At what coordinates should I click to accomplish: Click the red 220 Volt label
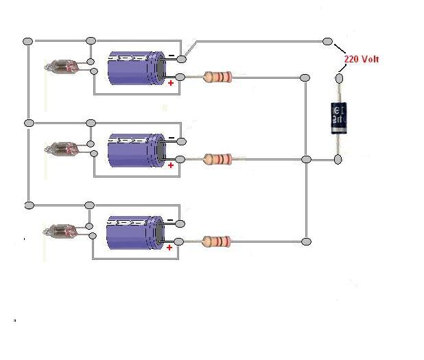[x=361, y=60]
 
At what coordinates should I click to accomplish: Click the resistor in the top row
[x=217, y=77]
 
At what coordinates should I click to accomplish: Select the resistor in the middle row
[x=217, y=160]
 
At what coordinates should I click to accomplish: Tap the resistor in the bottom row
[x=217, y=241]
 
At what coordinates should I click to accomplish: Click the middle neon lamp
[x=58, y=148]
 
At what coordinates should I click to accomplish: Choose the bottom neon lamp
[x=58, y=230]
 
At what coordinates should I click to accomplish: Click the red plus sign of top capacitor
[x=171, y=83]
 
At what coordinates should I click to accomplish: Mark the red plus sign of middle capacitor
[x=171, y=165]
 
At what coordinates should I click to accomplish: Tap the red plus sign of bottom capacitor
[x=171, y=247]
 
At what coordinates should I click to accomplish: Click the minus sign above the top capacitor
[x=171, y=54]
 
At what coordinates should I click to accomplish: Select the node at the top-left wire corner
[x=28, y=41]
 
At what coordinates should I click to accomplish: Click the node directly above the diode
[x=338, y=77]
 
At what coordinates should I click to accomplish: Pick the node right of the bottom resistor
[x=307, y=241]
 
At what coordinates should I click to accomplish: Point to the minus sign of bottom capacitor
[x=171, y=219]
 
